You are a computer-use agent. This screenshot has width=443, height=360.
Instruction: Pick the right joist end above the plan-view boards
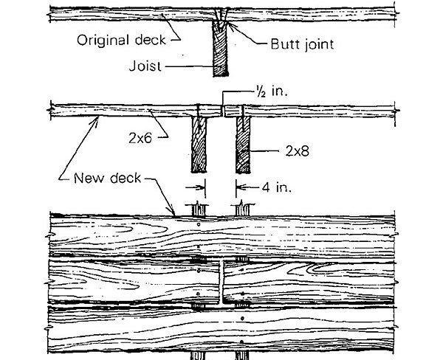(243, 210)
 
